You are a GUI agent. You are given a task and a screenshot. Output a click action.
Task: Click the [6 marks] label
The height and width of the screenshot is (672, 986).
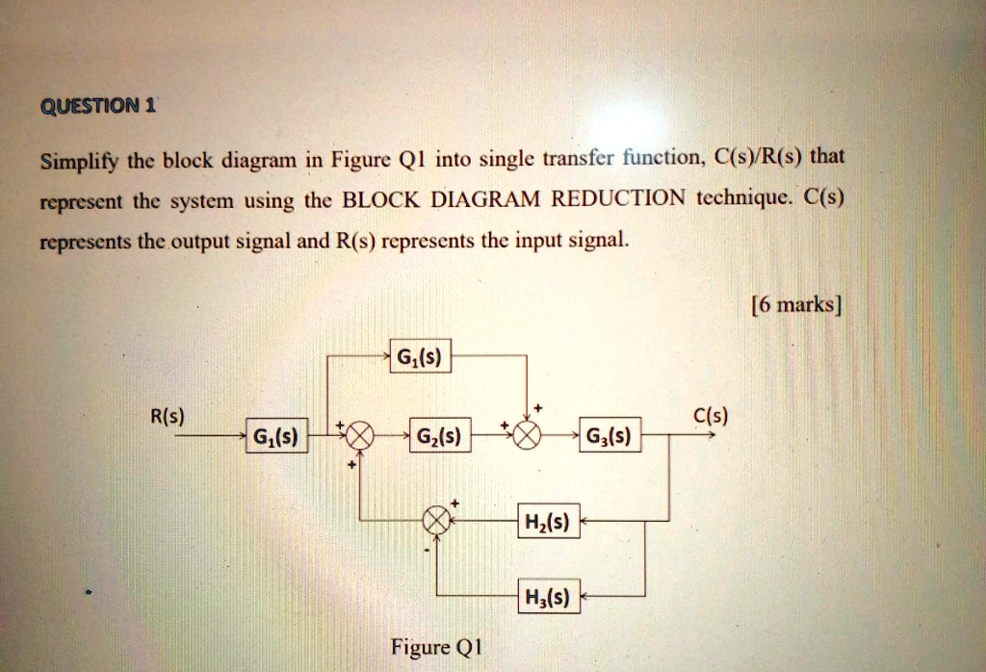click(x=794, y=305)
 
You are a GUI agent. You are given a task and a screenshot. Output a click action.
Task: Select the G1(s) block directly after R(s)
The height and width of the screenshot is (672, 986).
click(x=275, y=439)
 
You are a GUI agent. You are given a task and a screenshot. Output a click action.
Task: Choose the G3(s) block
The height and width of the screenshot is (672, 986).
click(x=610, y=439)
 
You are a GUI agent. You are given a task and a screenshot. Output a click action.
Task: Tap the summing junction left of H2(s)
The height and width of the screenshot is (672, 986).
click(x=438, y=521)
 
